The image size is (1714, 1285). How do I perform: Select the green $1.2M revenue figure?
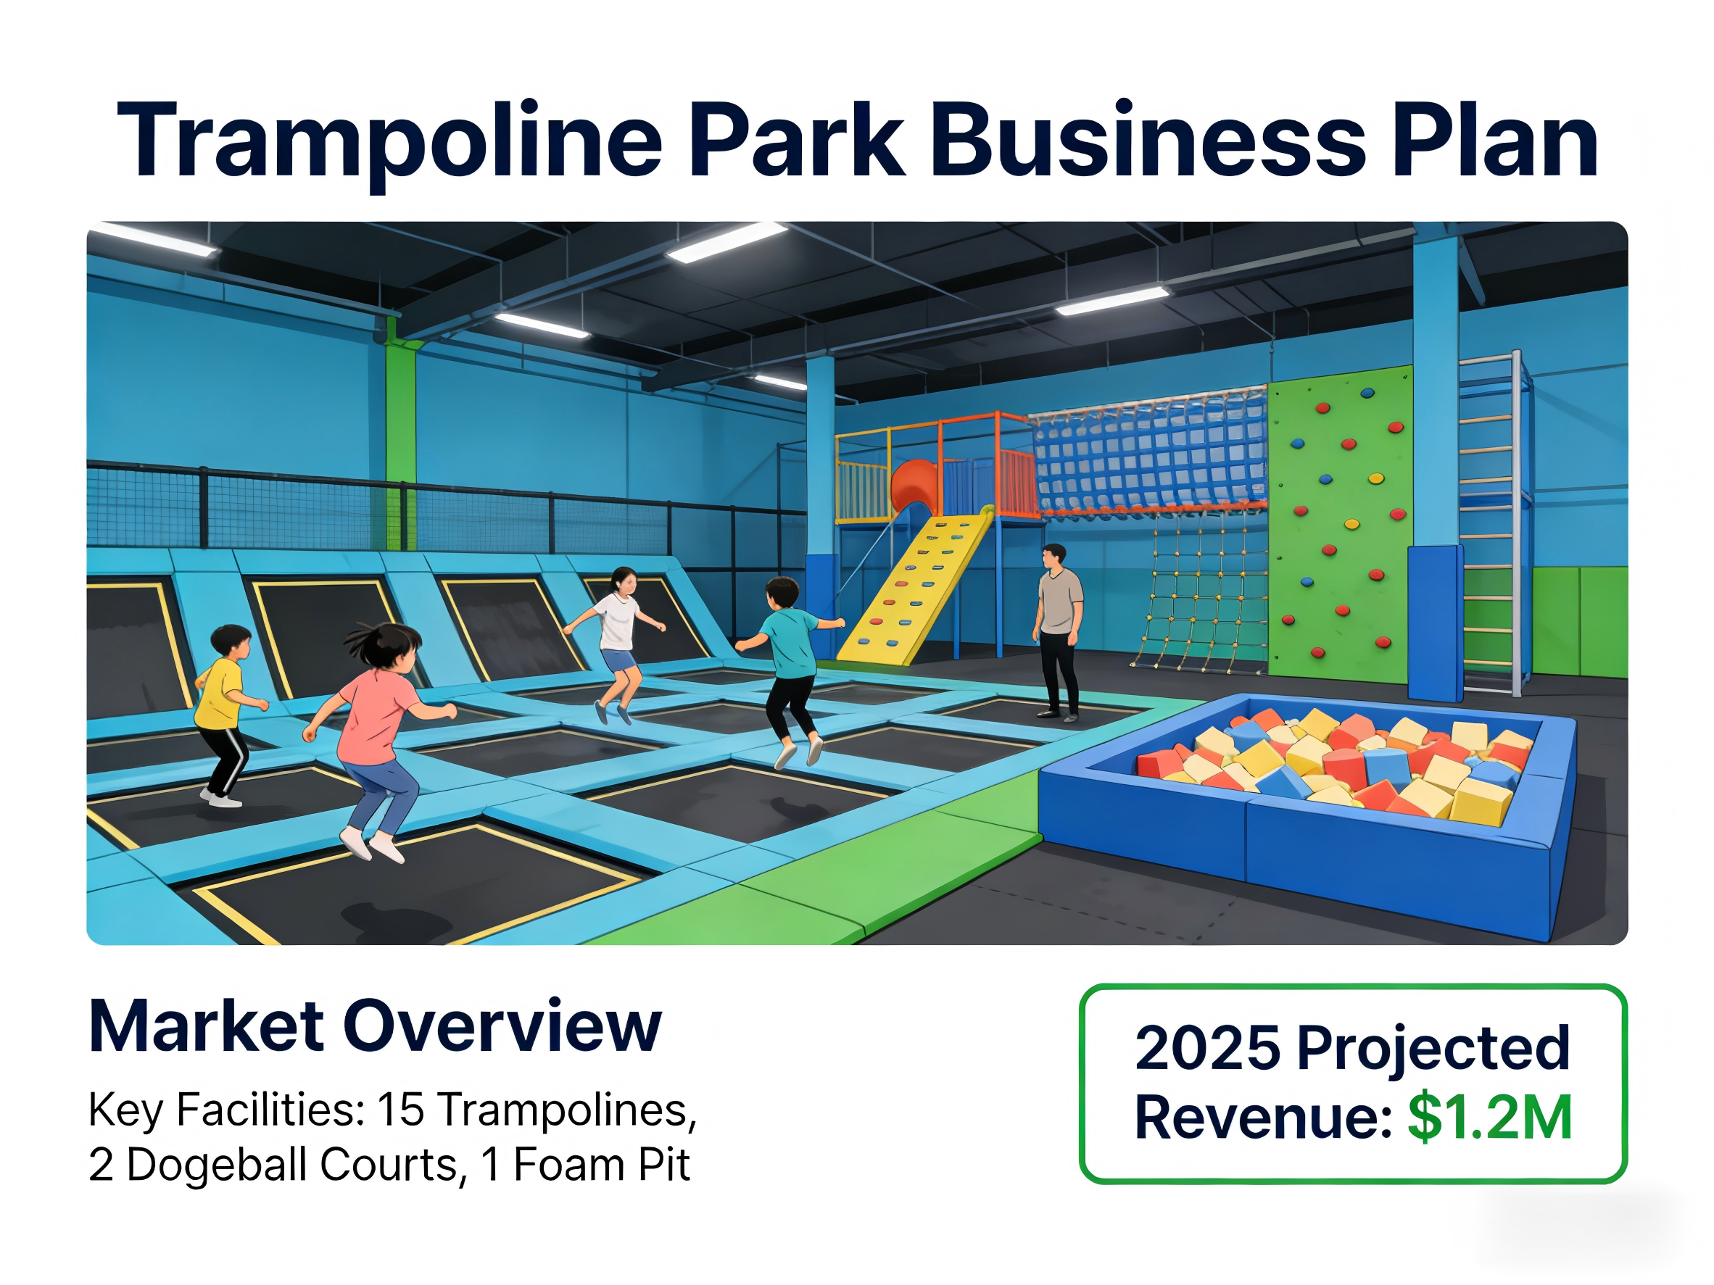(x=1490, y=1117)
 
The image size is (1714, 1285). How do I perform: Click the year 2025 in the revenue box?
(x=1208, y=1048)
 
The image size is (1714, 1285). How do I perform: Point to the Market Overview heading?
(x=376, y=1026)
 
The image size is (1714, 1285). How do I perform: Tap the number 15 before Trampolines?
(x=401, y=1109)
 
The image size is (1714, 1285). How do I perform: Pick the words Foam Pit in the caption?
(x=600, y=1165)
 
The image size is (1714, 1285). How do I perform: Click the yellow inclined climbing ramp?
(x=914, y=589)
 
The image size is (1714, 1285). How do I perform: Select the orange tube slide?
(x=914, y=485)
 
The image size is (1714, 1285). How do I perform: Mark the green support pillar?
(x=401, y=441)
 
